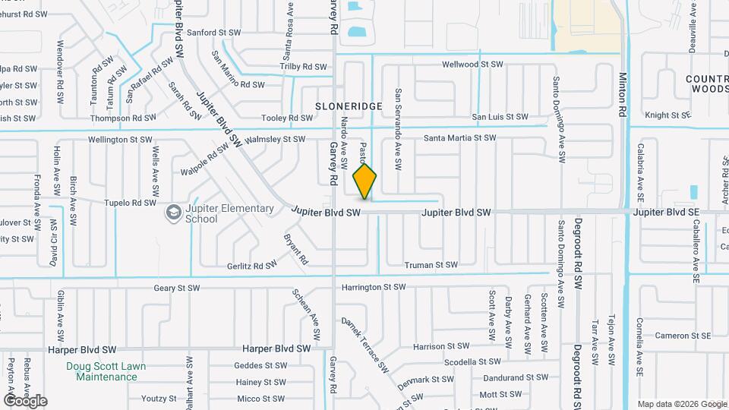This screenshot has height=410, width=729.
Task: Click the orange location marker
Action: (x=365, y=181)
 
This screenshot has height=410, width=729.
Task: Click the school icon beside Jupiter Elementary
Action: (x=174, y=213)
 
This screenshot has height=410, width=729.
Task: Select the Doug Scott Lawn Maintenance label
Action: (x=106, y=371)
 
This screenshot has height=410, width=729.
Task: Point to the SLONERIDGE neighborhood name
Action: (x=349, y=106)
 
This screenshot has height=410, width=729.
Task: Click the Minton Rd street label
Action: (x=622, y=94)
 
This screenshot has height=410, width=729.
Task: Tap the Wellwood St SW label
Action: (x=472, y=65)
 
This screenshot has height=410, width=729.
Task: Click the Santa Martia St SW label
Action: (x=459, y=138)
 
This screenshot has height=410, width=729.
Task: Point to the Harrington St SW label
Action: (x=374, y=288)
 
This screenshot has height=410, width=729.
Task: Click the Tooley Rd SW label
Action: (x=286, y=118)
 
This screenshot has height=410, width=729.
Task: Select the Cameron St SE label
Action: (x=683, y=336)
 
